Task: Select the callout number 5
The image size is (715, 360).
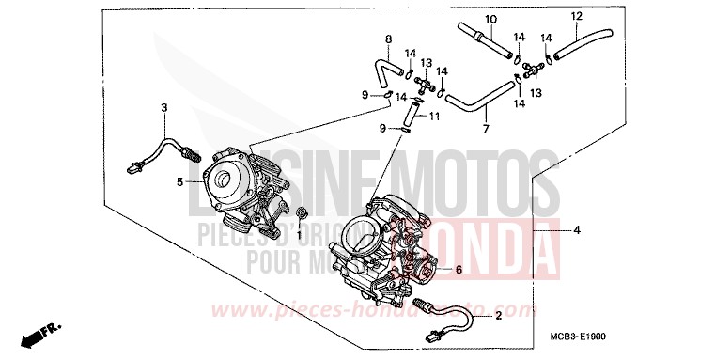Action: click(x=179, y=181)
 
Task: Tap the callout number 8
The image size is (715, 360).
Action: click(x=387, y=39)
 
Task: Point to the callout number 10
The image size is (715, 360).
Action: click(x=489, y=20)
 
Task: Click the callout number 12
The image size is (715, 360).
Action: click(x=576, y=16)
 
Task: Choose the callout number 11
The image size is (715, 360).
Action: click(x=435, y=116)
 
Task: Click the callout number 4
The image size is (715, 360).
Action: click(x=577, y=229)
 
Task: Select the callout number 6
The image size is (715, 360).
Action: click(x=459, y=270)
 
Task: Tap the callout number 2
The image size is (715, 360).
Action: click(x=498, y=317)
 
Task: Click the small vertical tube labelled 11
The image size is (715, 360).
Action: click(x=409, y=113)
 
